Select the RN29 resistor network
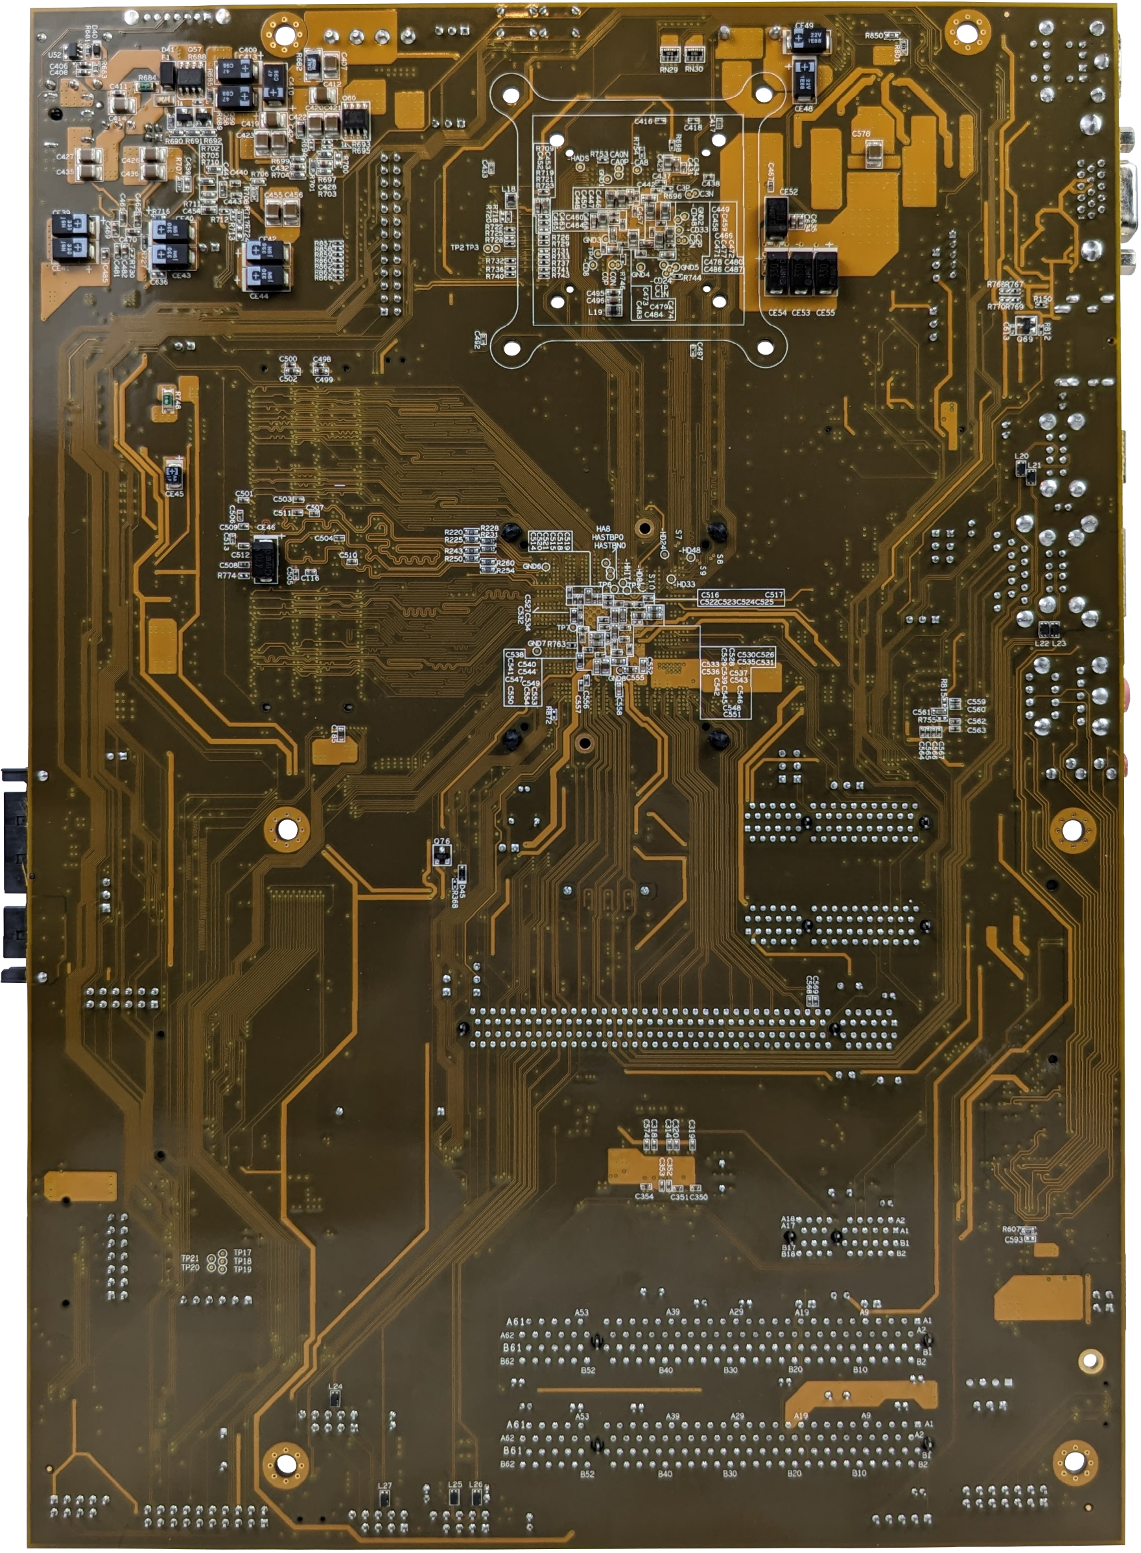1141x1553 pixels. [668, 54]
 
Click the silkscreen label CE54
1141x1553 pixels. [778, 313]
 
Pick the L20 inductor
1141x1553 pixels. [1021, 469]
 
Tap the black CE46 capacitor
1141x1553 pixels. [265, 560]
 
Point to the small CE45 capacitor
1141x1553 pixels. [173, 473]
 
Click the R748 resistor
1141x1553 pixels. [167, 401]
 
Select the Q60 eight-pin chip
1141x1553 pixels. [355, 121]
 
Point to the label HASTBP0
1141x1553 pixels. [608, 537]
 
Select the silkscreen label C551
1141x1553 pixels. [732, 714]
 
